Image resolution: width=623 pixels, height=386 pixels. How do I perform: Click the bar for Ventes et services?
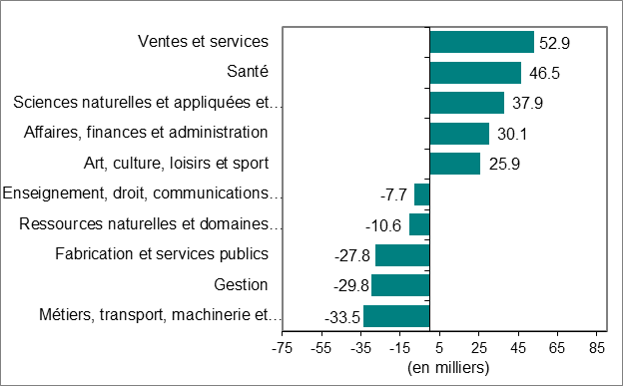481,42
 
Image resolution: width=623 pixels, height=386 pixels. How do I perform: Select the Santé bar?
475,73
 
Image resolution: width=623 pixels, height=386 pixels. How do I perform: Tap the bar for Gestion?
400,286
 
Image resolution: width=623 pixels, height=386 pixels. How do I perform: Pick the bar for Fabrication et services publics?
402,255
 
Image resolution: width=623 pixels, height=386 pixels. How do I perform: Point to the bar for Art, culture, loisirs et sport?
454,164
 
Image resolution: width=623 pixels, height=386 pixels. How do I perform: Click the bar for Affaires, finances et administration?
459,134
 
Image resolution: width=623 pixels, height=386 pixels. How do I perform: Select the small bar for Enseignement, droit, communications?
421,194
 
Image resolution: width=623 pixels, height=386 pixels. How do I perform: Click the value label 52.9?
555,43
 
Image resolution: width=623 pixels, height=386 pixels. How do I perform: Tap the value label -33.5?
342,318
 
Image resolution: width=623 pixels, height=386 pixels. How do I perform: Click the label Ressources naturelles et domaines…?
152,224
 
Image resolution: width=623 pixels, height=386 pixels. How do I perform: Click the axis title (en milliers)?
448,368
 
